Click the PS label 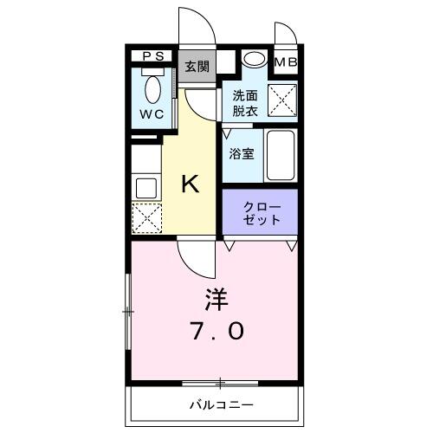(152, 57)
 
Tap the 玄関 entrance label (197, 66)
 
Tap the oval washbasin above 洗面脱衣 (254, 60)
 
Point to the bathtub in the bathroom (281, 155)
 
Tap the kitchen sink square (145, 186)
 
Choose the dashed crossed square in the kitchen (145, 217)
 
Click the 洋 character (216, 300)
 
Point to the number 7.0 (216, 331)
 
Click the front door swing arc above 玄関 (197, 24)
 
